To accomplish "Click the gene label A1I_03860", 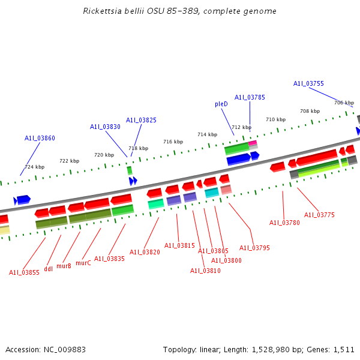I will tap(40, 138).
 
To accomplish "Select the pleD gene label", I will tap(221, 104).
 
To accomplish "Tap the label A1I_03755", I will tap(308, 83).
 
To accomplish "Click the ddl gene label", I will tap(49, 269).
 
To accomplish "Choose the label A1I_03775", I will tap(319, 215).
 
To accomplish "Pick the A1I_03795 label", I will tap(254, 248).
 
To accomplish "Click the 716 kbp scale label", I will tap(173, 142).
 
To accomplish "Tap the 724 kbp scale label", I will tap(34, 167).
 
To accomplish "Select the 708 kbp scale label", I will tap(310, 111).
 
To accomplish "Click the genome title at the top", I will tap(180, 11).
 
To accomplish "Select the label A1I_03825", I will tap(141, 120).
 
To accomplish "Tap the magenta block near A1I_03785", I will tap(253, 143).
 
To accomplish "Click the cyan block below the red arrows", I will tap(212, 193).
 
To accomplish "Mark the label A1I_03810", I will tap(205, 271).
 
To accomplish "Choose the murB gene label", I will tap(64, 265).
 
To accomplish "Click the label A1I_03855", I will tap(24, 272).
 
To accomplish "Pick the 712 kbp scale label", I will tap(241, 127).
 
